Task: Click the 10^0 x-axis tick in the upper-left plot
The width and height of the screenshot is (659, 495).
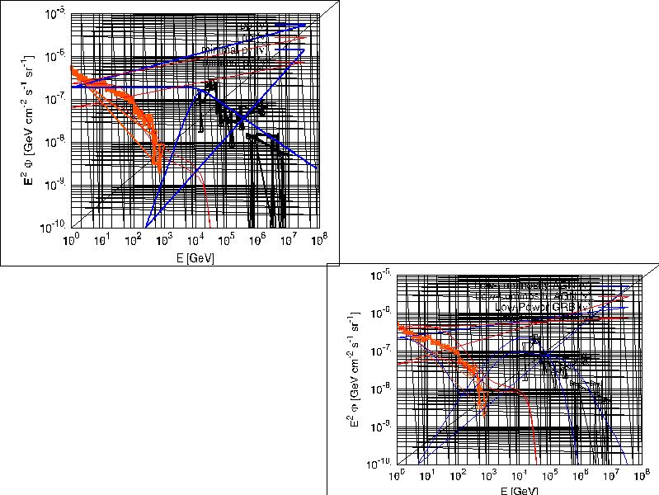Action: click(71, 239)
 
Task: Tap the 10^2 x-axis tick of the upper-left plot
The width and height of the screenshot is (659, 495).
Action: click(133, 239)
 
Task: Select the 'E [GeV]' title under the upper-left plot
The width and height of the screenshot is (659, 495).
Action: click(195, 258)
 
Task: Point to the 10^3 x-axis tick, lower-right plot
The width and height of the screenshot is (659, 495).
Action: click(488, 478)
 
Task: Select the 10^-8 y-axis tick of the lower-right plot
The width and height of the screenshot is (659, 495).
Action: click(382, 389)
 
